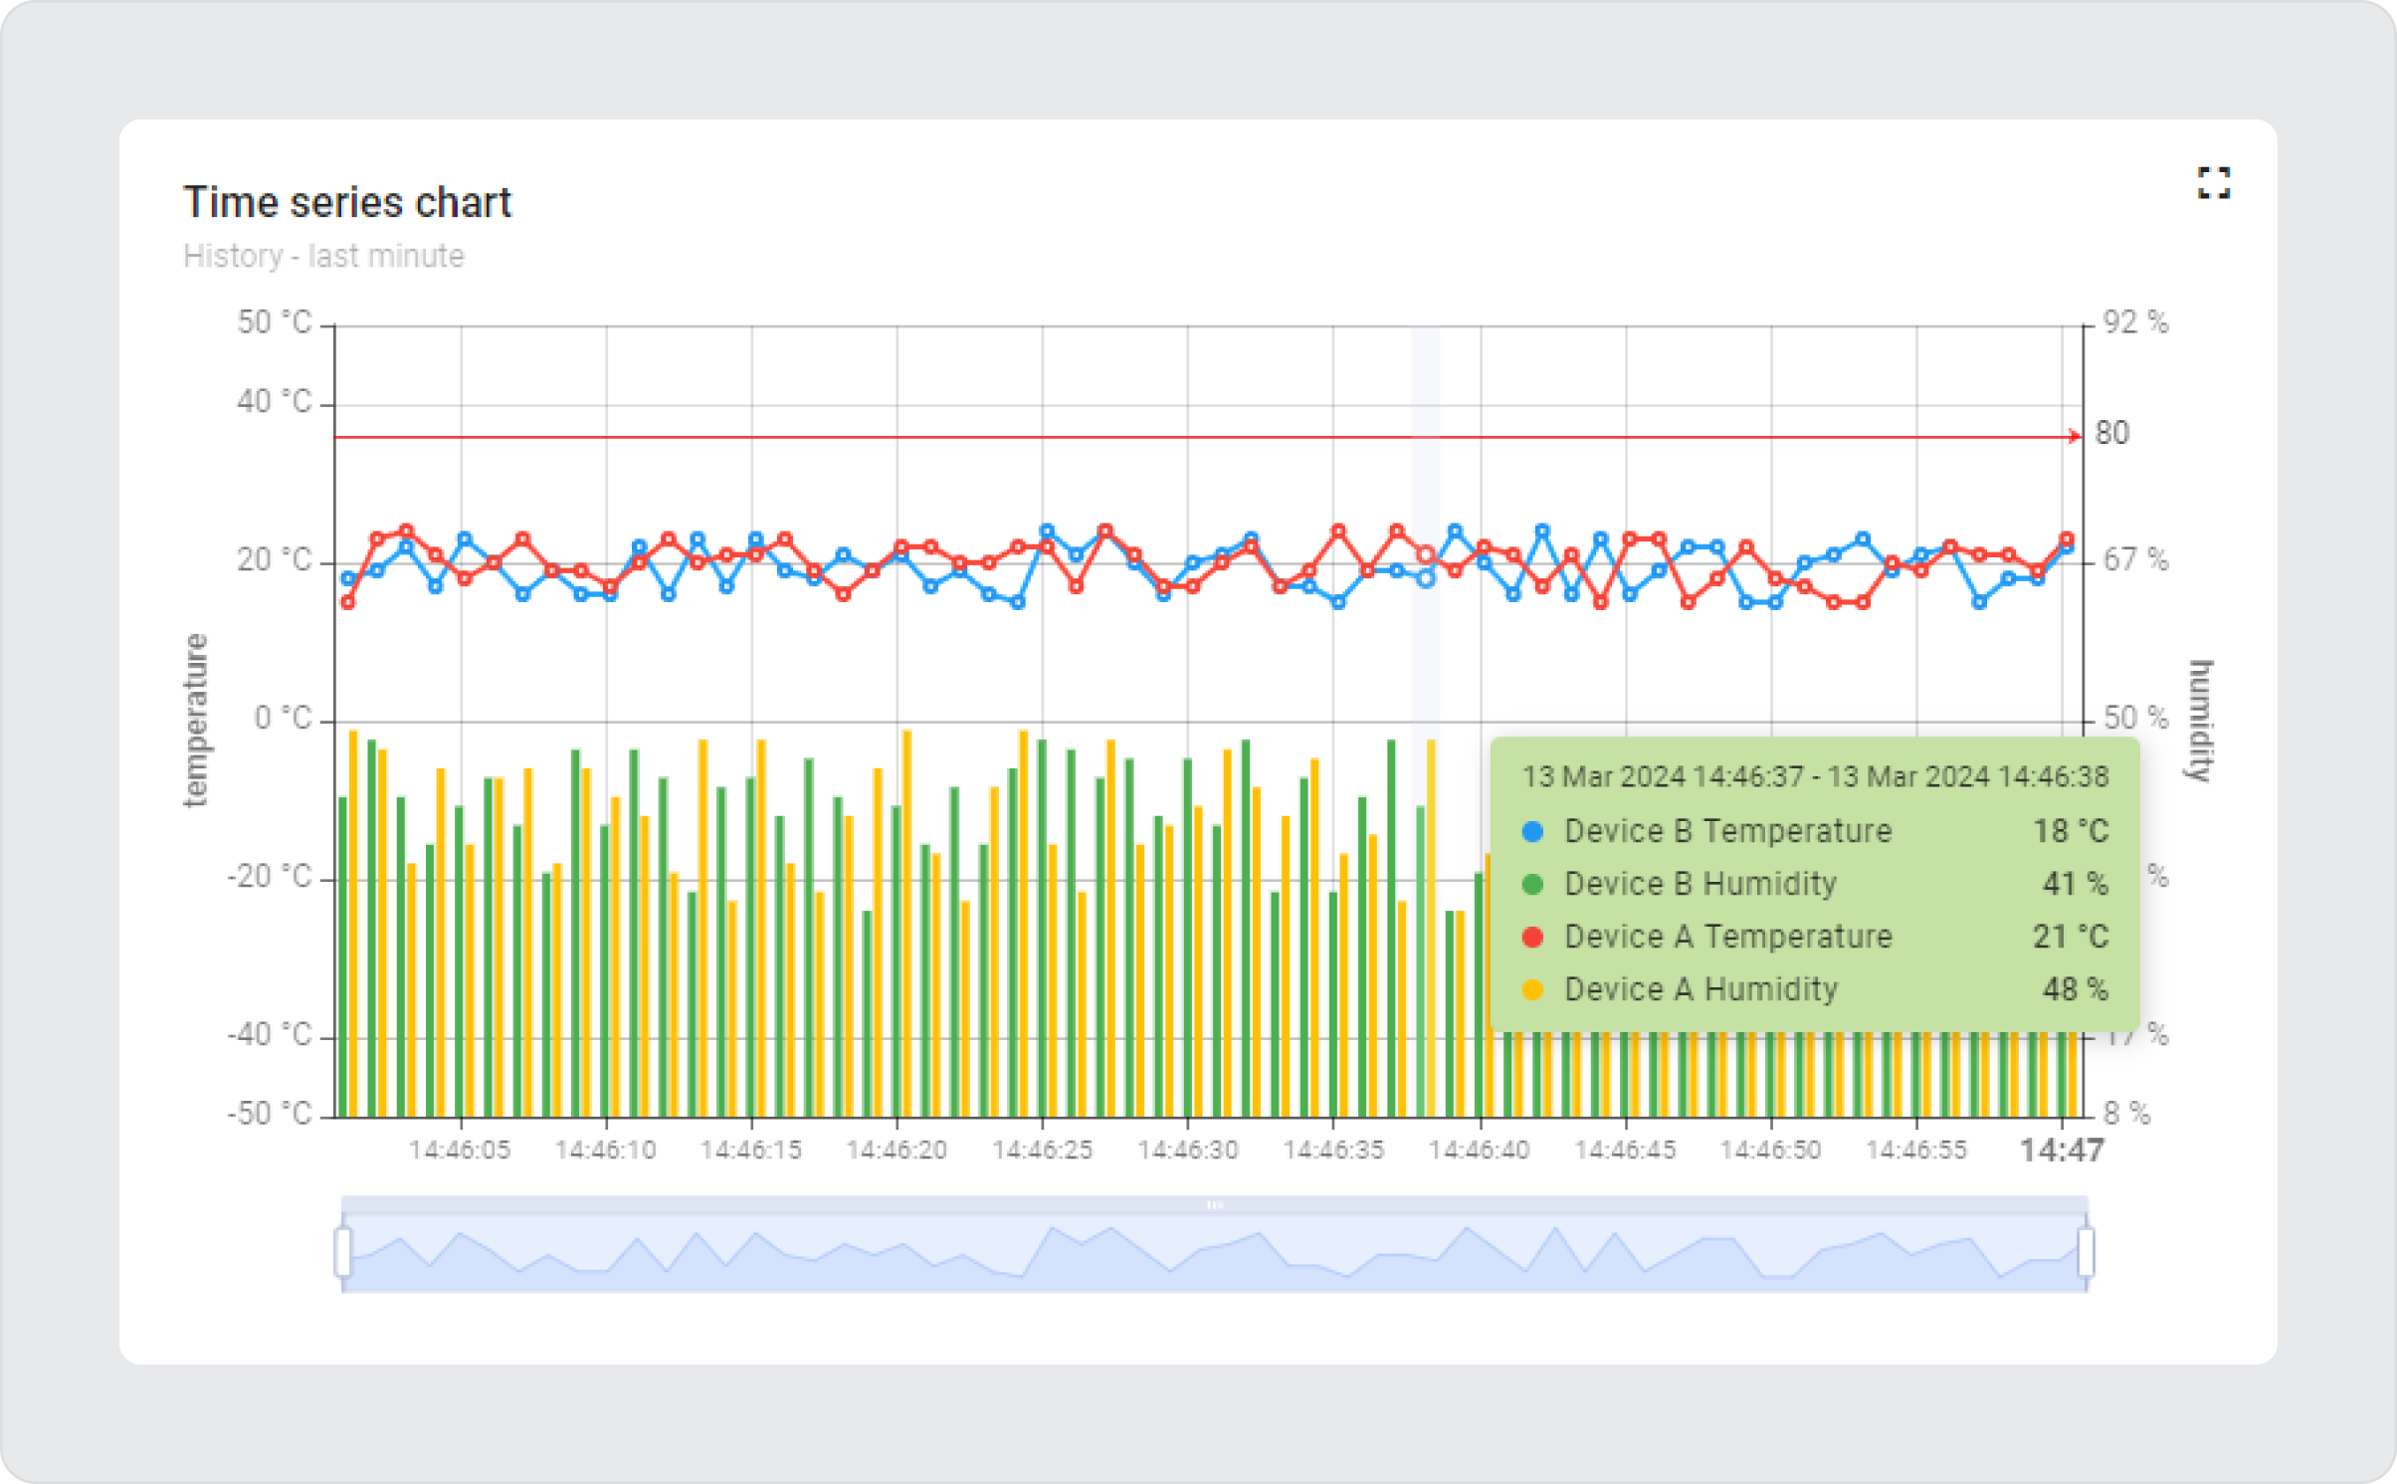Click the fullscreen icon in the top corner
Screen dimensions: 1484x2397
pos(2214,183)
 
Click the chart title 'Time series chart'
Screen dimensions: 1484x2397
pos(346,202)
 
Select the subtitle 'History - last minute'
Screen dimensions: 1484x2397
pos(323,256)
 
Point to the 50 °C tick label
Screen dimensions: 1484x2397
pos(275,322)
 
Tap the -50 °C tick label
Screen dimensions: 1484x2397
pos(271,1113)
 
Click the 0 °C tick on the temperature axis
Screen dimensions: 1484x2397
pos(284,718)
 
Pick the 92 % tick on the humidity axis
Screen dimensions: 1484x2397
pos(2135,322)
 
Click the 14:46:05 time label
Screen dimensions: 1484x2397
pos(460,1151)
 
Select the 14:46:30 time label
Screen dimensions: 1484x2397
pos(1188,1151)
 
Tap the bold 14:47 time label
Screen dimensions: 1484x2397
pos(2062,1151)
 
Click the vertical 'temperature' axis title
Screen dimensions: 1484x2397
pos(196,720)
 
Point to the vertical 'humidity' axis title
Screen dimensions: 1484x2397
pos(2200,720)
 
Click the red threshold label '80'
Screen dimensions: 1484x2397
pos(2112,433)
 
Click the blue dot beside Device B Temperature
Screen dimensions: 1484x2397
pos(1533,831)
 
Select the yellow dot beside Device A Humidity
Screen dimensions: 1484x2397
pos(1533,989)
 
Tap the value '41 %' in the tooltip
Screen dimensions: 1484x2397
pos(2076,884)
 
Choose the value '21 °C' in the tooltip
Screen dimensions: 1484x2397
pos(2071,937)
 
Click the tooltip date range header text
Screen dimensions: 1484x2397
pos(1815,776)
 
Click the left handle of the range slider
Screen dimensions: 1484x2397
pos(343,1251)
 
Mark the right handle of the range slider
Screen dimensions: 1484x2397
pos(2086,1251)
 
